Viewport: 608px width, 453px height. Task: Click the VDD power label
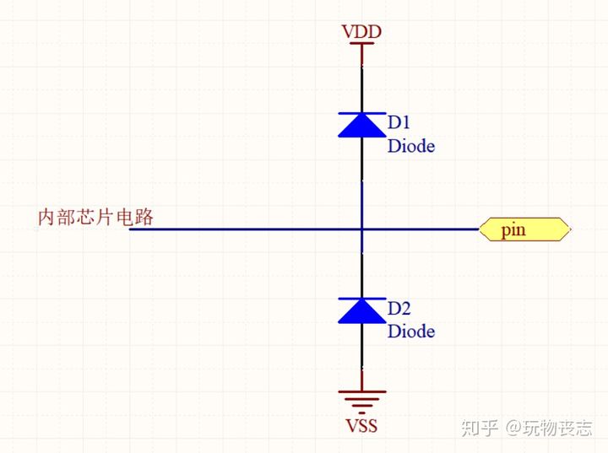click(x=361, y=31)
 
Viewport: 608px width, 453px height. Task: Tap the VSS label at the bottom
click(x=361, y=425)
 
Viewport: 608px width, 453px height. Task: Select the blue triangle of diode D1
click(x=362, y=126)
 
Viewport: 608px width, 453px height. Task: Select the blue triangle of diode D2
click(x=362, y=311)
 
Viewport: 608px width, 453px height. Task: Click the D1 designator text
click(x=399, y=122)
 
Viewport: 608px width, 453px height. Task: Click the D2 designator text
click(x=399, y=309)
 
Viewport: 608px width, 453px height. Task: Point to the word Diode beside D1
click(x=411, y=146)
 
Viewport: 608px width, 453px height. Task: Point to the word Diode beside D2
click(x=411, y=332)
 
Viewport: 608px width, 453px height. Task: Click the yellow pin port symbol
click(x=525, y=229)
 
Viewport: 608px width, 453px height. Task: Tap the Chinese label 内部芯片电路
click(x=95, y=217)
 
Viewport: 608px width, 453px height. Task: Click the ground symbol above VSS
click(x=362, y=402)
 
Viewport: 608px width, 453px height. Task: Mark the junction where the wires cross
click(x=362, y=229)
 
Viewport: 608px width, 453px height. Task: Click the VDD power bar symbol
click(x=362, y=43)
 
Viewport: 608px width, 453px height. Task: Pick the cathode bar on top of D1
click(x=362, y=113)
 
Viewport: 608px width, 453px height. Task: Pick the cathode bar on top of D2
click(x=362, y=299)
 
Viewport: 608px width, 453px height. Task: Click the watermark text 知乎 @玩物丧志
click(x=526, y=428)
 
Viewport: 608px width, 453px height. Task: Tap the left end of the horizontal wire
click(x=129, y=229)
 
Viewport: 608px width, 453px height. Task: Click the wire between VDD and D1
click(x=362, y=78)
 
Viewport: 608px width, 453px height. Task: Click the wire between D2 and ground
click(x=362, y=357)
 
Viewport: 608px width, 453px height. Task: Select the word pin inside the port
click(x=513, y=230)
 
